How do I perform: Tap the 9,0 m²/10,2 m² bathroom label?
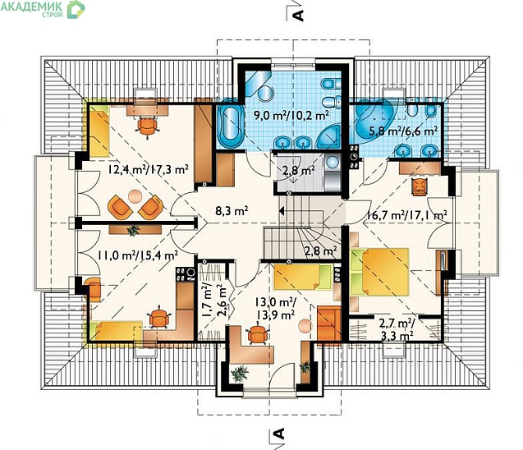(x=291, y=116)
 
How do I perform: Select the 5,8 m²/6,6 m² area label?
(x=403, y=131)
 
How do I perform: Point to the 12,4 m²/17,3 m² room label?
(x=148, y=169)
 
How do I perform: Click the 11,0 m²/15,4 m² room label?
(x=137, y=255)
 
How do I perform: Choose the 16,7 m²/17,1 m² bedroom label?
(x=407, y=215)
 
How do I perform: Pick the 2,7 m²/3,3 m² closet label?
(x=397, y=329)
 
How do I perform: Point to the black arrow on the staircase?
(x=281, y=211)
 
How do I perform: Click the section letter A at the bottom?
(x=278, y=433)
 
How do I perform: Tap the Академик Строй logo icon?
(x=76, y=9)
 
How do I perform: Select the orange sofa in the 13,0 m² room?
(x=328, y=324)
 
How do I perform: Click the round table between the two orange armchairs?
(x=135, y=196)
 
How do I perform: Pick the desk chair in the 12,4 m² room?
(x=147, y=126)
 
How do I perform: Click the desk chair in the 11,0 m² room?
(x=158, y=317)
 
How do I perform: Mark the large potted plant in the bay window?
(x=240, y=374)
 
